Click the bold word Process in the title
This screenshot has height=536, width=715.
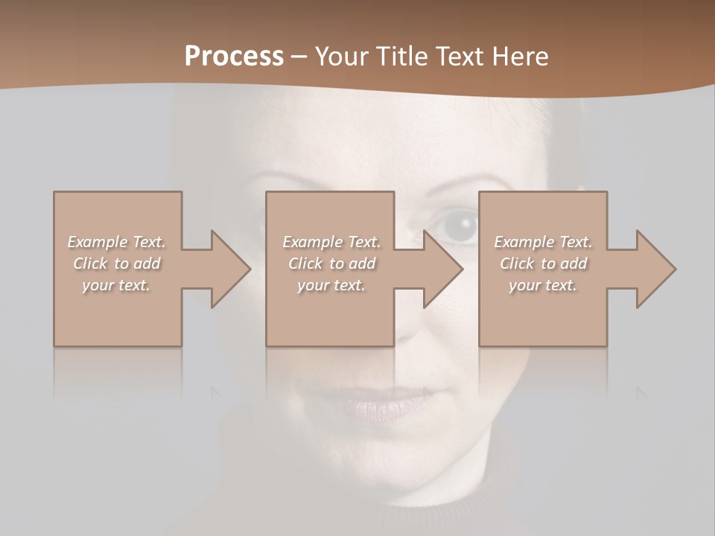point(234,57)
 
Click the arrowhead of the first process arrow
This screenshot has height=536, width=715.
point(230,269)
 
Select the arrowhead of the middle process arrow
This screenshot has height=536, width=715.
point(442,269)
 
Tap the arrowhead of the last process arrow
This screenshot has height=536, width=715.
point(655,269)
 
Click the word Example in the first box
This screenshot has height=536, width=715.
point(98,242)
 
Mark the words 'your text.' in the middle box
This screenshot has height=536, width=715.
point(331,285)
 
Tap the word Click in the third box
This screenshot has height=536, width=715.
point(518,264)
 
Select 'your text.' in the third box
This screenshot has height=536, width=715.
point(543,285)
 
